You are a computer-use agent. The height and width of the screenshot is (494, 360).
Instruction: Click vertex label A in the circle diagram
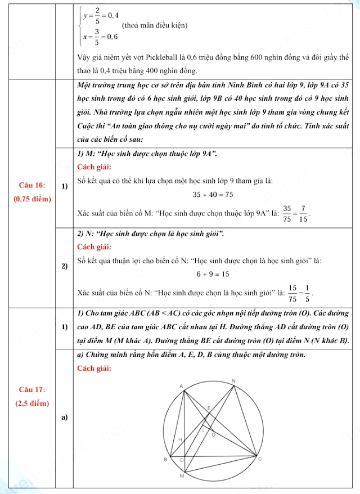coord(181,387)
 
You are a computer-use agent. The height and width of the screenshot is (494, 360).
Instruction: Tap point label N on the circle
coord(233,382)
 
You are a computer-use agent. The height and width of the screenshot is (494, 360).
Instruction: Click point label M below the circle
coord(182,477)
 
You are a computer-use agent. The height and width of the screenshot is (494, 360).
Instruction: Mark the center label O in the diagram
coord(213,435)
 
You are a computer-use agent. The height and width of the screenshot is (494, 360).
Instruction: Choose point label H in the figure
coord(180,438)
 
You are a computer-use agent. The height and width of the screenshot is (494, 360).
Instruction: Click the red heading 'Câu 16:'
coord(32,186)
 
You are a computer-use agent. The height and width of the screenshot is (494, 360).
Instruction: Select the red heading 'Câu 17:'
coord(32,390)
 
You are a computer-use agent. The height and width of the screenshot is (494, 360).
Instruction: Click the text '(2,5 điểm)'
coord(32,403)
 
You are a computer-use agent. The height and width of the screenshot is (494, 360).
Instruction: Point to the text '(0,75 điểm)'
coord(32,199)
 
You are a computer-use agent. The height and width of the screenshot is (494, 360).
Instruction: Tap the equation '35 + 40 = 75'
coord(213,195)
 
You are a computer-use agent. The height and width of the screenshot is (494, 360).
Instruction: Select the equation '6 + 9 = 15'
coord(213,274)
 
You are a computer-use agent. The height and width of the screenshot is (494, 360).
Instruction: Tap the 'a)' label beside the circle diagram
coord(65,417)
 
